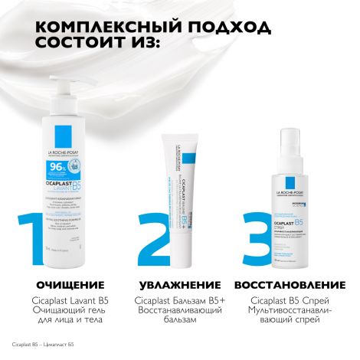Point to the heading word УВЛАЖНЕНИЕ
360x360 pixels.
[178, 286]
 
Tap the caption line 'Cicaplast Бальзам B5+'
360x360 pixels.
[178, 299]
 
